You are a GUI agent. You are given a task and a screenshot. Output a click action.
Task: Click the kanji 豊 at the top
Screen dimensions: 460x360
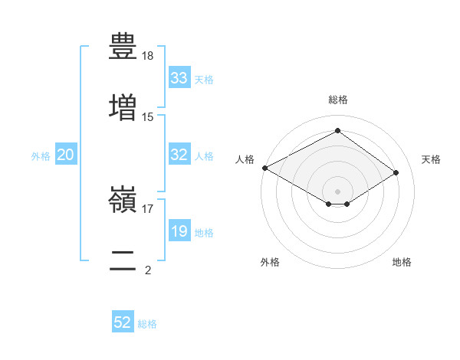(x=123, y=46)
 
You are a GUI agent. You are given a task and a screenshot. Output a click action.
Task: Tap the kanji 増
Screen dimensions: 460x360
(x=123, y=107)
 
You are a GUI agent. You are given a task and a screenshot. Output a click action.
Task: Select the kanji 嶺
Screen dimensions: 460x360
(x=123, y=199)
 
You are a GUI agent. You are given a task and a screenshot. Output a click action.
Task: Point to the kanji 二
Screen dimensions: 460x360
(x=123, y=260)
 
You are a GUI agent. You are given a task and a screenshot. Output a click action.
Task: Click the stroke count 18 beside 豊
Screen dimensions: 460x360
(x=147, y=56)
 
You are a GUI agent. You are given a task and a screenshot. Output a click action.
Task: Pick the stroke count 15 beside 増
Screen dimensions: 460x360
(x=147, y=117)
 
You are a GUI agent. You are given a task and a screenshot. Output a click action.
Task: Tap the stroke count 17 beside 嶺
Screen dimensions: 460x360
(x=147, y=209)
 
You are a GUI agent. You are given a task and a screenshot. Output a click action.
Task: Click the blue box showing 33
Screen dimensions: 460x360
(x=179, y=77)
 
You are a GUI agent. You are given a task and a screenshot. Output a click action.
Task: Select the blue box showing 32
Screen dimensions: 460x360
(x=179, y=154)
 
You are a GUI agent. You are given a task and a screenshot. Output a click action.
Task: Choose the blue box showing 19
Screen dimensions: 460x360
(x=179, y=230)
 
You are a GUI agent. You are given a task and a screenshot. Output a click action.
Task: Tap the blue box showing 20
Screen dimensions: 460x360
(x=66, y=154)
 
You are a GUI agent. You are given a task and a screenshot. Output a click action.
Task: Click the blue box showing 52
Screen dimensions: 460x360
(x=123, y=321)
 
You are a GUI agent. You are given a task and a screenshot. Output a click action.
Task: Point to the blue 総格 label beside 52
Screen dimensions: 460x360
(x=147, y=324)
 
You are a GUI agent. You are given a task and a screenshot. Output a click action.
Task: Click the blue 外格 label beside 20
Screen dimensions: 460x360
(x=41, y=156)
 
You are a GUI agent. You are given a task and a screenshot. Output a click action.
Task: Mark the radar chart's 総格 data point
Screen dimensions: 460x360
(x=337, y=130)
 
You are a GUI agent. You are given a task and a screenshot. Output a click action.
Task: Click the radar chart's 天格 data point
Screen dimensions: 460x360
(x=396, y=172)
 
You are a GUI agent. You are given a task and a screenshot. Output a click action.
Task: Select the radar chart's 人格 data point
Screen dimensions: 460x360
(x=265, y=168)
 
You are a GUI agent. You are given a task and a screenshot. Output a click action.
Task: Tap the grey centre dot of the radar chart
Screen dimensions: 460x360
(x=337, y=191)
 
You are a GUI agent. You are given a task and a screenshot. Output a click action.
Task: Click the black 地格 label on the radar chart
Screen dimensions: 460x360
(x=402, y=262)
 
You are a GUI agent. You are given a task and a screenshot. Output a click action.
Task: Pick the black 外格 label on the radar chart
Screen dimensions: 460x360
(x=270, y=262)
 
